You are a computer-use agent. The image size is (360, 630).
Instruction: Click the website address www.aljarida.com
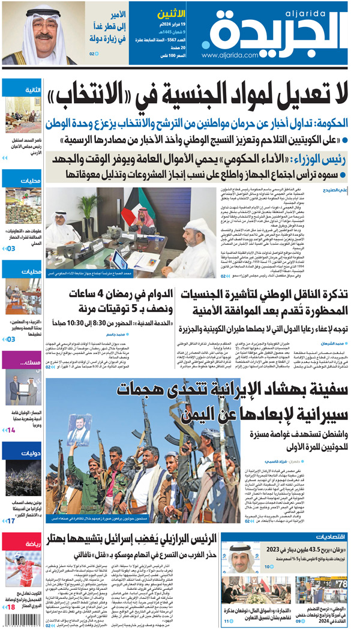230,55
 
